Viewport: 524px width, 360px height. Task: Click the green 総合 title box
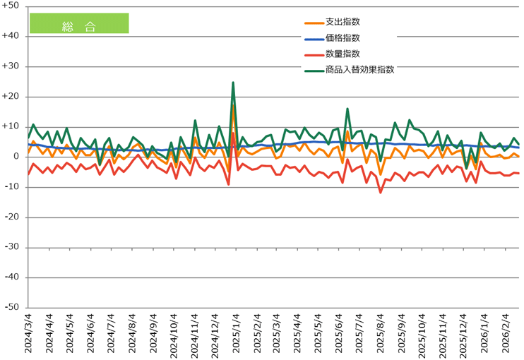79,23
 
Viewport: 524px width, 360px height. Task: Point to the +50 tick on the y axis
13,6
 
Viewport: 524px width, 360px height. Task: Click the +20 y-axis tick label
13,97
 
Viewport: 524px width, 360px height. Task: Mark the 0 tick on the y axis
17,157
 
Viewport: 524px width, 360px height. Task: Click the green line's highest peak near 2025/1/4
233,83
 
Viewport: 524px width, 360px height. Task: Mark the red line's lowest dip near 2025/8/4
381,192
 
